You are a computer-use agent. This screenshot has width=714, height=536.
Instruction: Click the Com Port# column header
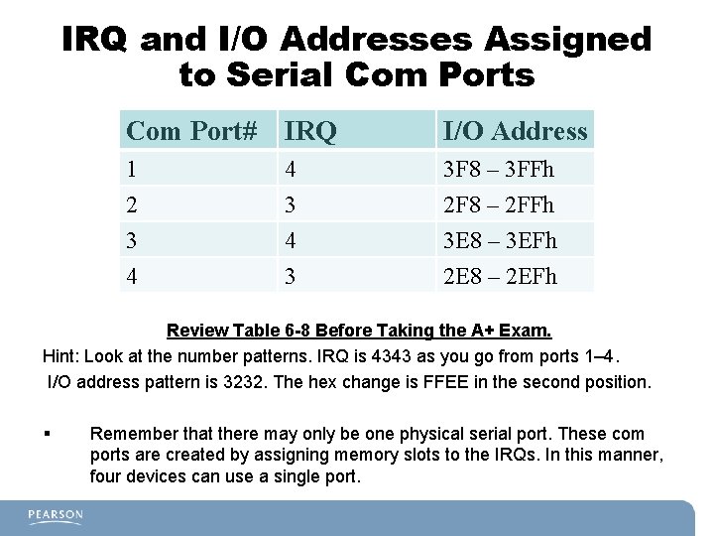(x=191, y=130)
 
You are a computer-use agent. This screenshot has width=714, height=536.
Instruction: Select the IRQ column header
(x=307, y=130)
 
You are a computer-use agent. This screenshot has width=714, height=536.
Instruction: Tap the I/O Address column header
(x=514, y=130)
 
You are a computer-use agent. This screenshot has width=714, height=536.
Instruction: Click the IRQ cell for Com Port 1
(x=291, y=170)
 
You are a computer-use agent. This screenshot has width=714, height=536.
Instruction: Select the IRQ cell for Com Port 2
(x=291, y=205)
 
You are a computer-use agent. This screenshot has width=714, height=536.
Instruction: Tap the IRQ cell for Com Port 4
(x=291, y=275)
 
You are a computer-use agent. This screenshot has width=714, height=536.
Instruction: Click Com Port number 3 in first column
(x=131, y=240)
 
